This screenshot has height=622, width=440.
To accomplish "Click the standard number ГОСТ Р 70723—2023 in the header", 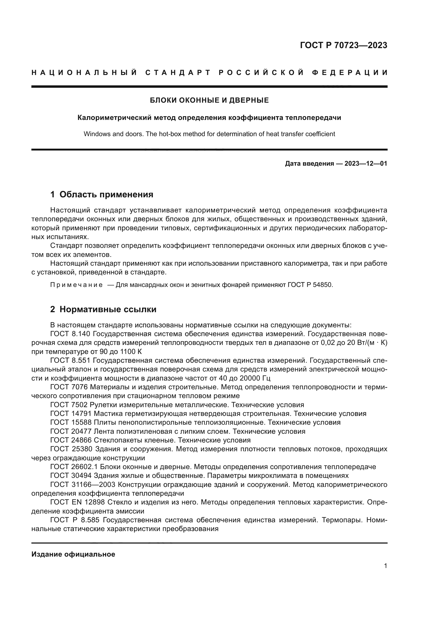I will tap(343, 45).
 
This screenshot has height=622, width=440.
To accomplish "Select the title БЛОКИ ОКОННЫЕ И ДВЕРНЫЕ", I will tap(209, 100).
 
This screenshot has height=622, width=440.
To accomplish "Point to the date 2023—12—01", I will tap(366, 164).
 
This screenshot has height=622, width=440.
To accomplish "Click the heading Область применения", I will tap(106, 194).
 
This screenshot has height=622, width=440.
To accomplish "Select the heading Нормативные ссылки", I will tap(108, 309).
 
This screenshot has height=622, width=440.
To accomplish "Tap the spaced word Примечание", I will tap(76, 285).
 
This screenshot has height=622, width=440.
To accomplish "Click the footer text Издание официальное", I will tap(73, 554).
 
